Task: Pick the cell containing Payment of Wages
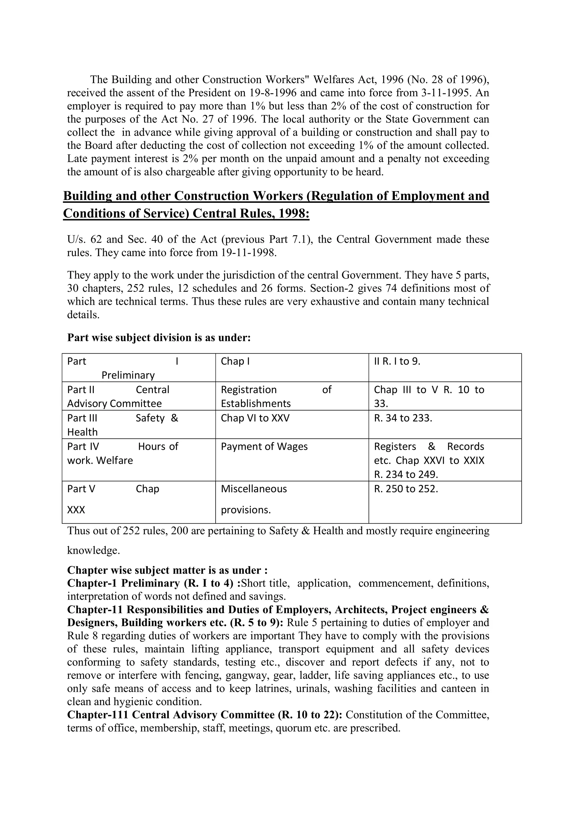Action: [x=264, y=446]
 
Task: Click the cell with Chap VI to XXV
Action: [x=255, y=418]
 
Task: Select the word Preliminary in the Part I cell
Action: [x=128, y=375]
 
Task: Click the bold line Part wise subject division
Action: [x=159, y=338]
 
